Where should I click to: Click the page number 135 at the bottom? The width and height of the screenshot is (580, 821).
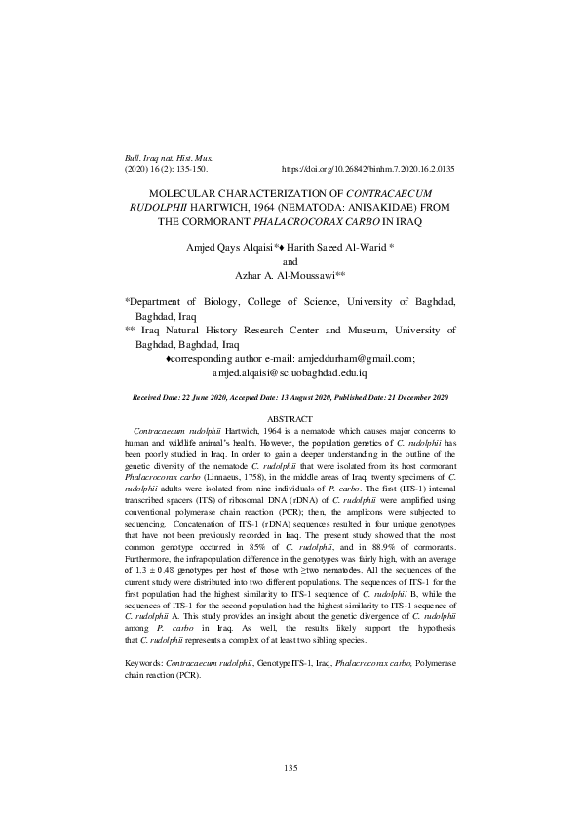click(290, 768)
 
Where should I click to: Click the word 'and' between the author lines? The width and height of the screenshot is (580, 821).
click(290, 262)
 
